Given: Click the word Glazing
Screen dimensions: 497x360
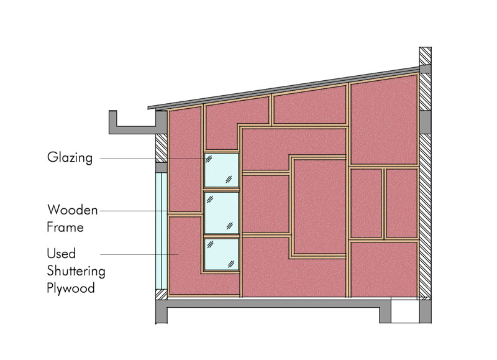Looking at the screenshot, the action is tap(70, 158).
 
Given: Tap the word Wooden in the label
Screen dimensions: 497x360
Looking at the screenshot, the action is tap(73, 210).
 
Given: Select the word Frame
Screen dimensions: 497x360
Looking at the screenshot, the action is tap(65, 227).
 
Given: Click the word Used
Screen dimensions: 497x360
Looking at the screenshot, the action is tap(61, 254).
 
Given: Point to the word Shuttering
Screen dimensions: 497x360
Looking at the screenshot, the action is tap(76, 271).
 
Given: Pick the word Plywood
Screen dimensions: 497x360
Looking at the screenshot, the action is tap(71, 288).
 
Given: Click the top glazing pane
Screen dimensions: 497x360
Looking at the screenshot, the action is tap(222, 170).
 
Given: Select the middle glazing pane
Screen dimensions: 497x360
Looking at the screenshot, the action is tap(222, 213).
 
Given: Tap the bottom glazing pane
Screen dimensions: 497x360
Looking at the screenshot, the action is tap(222, 254).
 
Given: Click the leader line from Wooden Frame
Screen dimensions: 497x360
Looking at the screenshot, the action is tap(134, 211).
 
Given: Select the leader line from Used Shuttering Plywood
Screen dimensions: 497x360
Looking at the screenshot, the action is tap(139, 254).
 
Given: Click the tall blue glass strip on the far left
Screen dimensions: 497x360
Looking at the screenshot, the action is tap(161, 231).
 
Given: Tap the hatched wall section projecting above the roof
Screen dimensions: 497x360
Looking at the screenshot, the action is tap(425, 56).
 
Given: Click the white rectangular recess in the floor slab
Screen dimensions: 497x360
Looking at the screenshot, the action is tap(405, 311).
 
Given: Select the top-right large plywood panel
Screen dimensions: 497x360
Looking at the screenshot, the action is tap(384, 120).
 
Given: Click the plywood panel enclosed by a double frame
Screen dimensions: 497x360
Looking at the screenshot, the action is tap(319, 206).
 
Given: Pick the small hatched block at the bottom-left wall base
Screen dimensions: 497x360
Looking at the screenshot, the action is tap(162, 295).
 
